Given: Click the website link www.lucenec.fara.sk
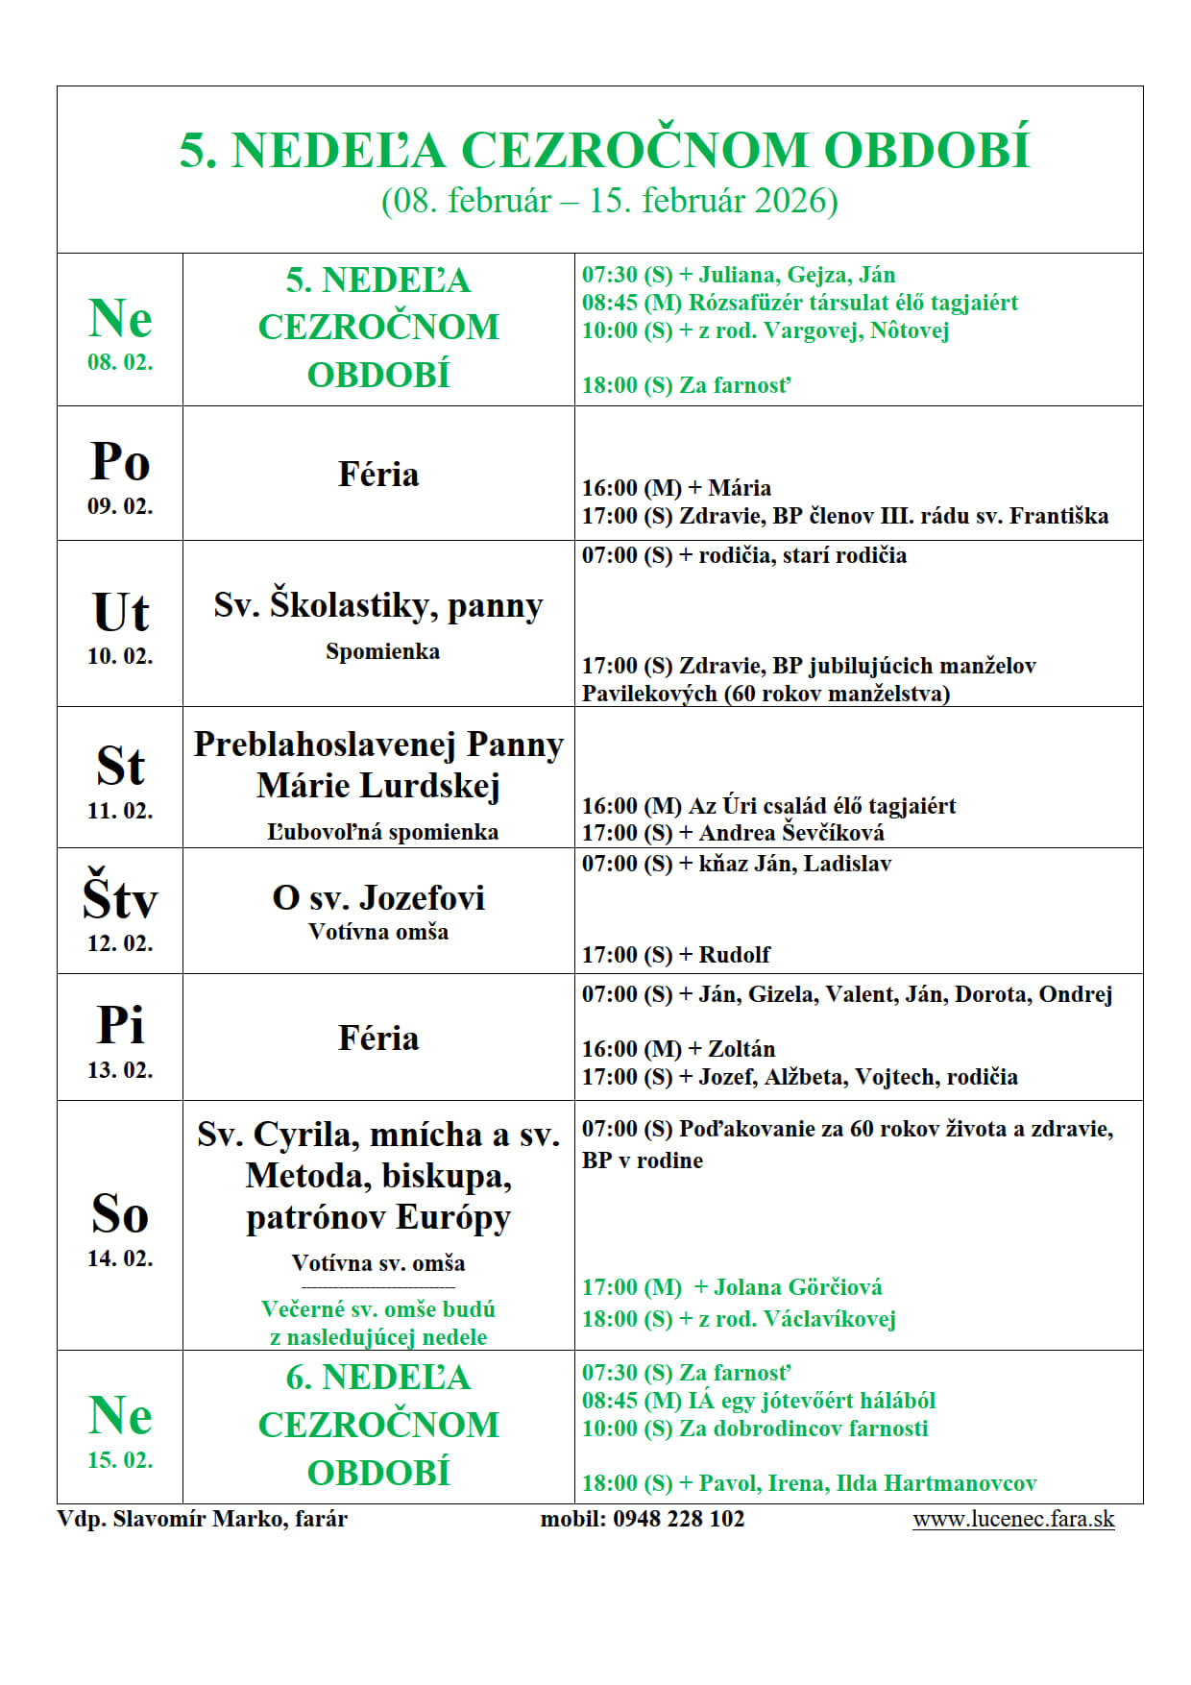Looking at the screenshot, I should (x=1013, y=1519).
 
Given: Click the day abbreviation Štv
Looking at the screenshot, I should (x=120, y=898).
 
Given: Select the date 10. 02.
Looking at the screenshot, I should (x=120, y=656).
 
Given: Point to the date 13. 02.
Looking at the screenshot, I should (x=120, y=1070).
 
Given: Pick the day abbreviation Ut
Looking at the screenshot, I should (x=120, y=613).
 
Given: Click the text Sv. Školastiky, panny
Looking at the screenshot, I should (x=378, y=605).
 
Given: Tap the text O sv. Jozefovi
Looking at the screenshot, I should (x=378, y=898).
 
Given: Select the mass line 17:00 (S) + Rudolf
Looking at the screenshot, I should (x=676, y=955).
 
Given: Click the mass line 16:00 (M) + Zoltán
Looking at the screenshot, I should (x=678, y=1049).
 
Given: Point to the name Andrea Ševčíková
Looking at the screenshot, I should (x=791, y=833).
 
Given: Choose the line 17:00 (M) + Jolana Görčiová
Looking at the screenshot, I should (x=732, y=1287).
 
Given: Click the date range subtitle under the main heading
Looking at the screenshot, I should (x=609, y=201).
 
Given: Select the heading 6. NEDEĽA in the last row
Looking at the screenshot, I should (x=378, y=1378).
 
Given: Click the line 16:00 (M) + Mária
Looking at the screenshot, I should (x=676, y=488).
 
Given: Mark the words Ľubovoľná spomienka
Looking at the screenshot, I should (x=382, y=832).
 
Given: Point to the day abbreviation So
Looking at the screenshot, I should (x=120, y=1214).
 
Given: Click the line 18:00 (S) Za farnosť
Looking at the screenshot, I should (x=686, y=385).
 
